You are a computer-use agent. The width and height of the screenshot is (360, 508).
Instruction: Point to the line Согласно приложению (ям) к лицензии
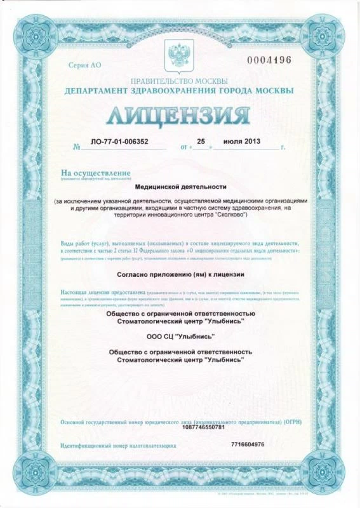click(180, 274)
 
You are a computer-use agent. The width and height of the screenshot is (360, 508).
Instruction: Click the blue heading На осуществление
click(95, 173)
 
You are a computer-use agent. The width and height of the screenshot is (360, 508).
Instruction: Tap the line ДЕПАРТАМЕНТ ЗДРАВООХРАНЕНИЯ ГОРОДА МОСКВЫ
click(178, 91)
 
